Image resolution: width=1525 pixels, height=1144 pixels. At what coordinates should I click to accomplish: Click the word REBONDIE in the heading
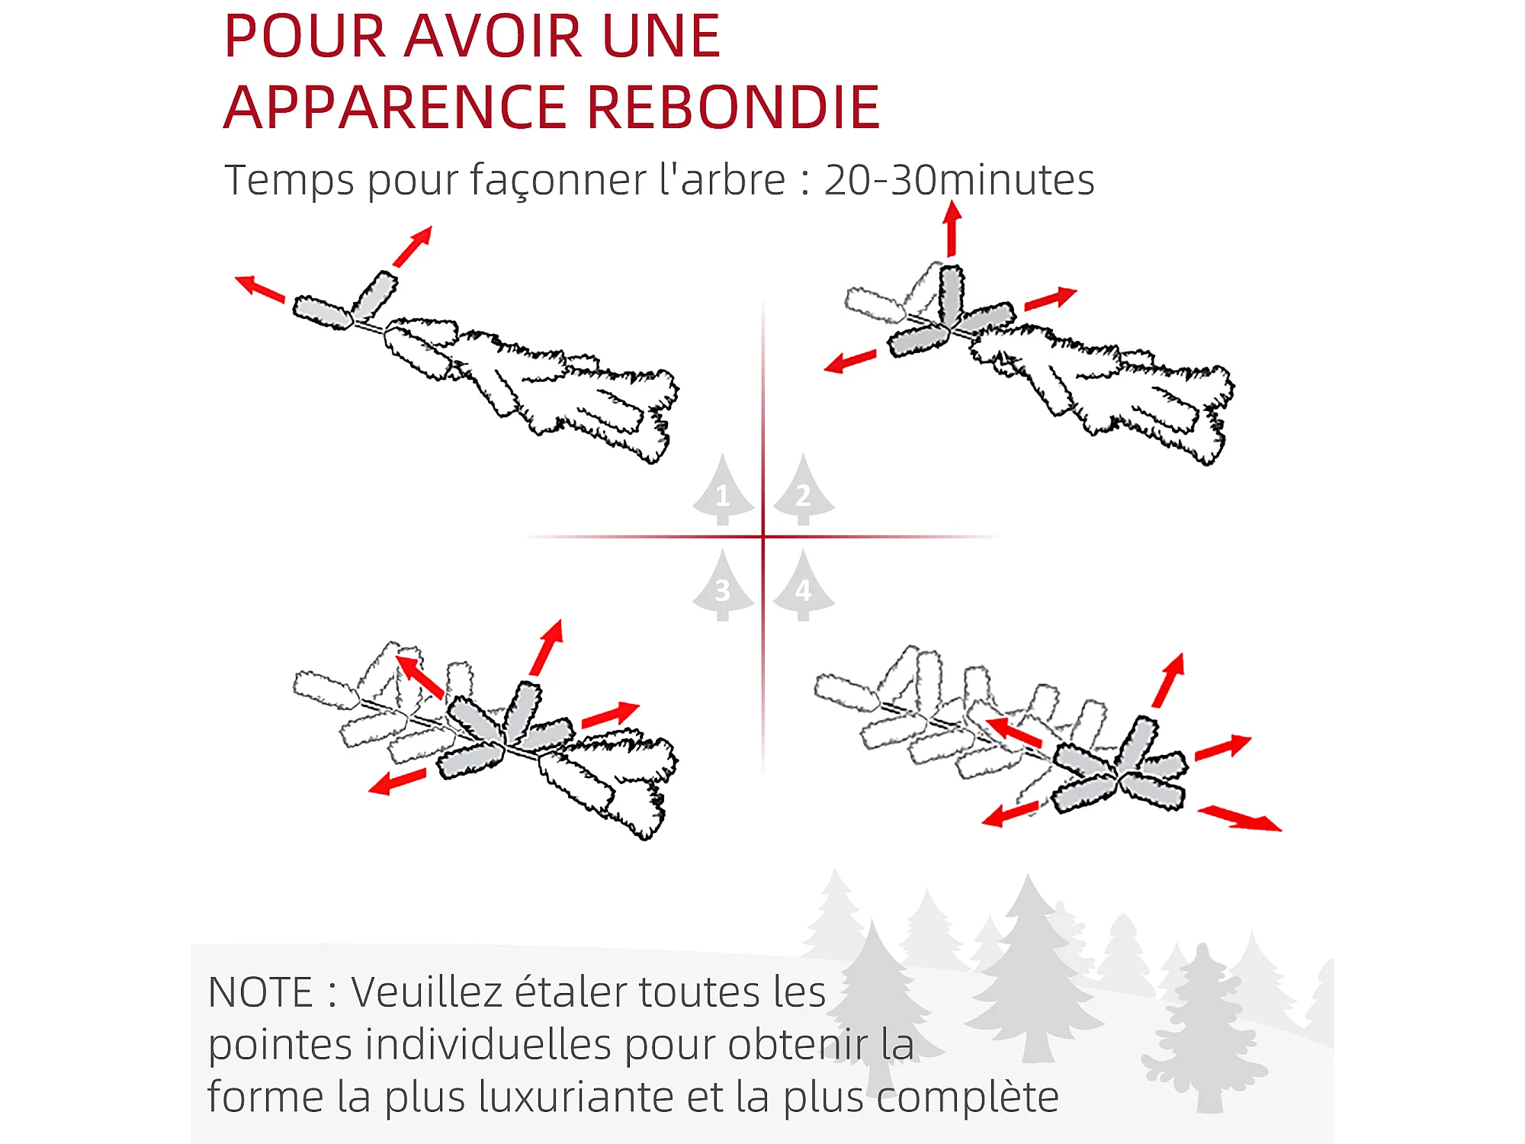[734, 108]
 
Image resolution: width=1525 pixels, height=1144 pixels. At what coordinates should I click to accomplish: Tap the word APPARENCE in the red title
[396, 108]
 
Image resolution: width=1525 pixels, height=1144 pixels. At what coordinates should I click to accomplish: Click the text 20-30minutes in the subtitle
[959, 181]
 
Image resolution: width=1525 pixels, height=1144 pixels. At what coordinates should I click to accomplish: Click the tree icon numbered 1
[723, 490]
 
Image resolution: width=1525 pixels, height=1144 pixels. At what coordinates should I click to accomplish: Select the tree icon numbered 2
[804, 490]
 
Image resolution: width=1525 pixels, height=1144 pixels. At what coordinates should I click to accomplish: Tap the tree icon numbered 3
[723, 585]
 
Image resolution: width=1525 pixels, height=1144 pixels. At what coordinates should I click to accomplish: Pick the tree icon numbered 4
[804, 585]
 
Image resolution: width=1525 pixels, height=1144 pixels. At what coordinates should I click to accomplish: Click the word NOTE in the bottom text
[260, 993]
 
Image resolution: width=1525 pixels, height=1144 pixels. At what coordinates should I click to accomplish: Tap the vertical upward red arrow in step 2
[952, 228]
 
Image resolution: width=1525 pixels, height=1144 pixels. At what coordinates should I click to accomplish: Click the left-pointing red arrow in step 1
[260, 288]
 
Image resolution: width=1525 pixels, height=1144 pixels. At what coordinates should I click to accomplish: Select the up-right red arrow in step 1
[413, 246]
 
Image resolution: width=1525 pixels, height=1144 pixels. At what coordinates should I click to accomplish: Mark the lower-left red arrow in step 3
[396, 782]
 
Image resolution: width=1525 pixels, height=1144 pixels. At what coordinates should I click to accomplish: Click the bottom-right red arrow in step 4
[1240, 818]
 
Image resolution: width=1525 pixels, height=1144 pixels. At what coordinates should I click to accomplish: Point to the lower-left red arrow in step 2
[850, 361]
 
